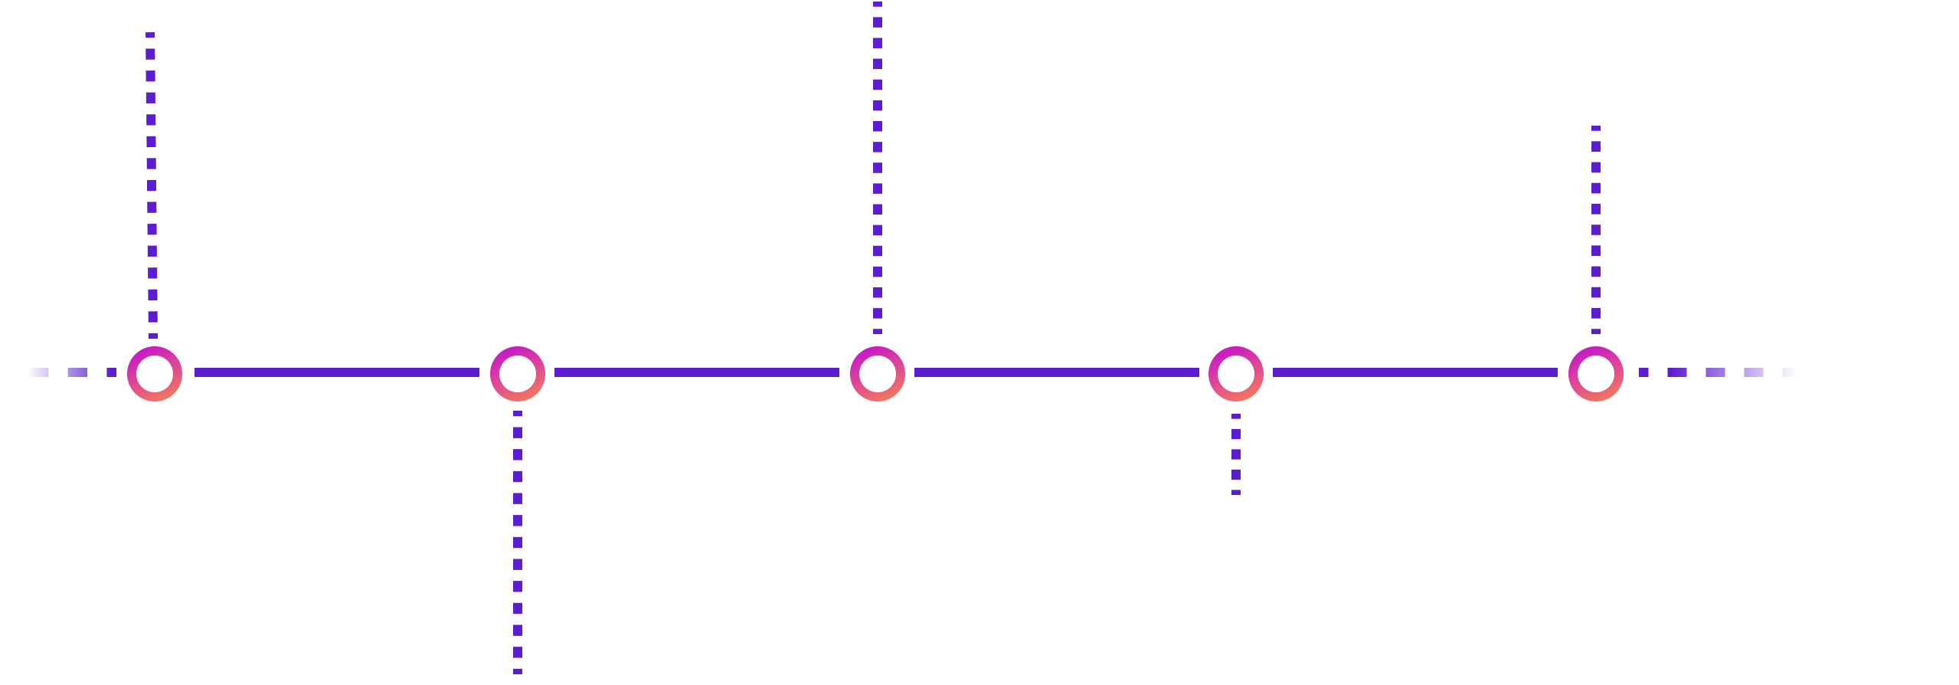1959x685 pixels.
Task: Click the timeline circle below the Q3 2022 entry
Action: pyautogui.click(x=1595, y=373)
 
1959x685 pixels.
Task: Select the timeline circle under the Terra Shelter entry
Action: pyautogui.click(x=155, y=373)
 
